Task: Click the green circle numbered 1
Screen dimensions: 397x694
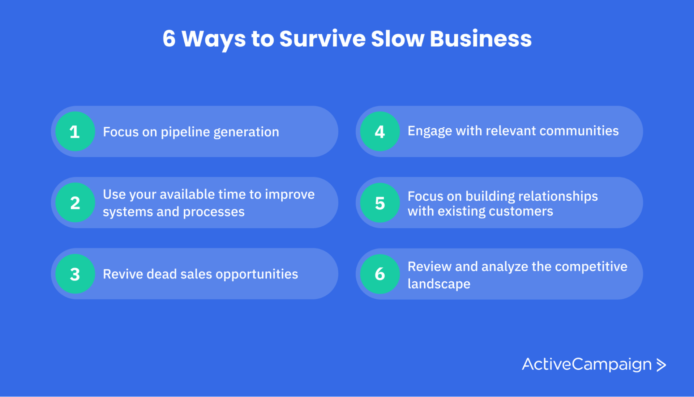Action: [x=75, y=131]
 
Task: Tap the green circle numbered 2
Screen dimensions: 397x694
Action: [x=75, y=202]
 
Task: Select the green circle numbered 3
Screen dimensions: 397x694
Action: [x=75, y=274]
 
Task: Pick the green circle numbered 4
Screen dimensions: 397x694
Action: [x=380, y=131]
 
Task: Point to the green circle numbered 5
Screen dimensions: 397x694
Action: [x=380, y=202]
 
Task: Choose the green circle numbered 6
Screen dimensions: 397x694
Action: [x=380, y=274]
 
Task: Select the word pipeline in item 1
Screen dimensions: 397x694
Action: [x=185, y=132]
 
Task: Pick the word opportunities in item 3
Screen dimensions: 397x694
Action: [x=257, y=274]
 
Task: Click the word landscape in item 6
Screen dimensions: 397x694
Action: [x=439, y=284]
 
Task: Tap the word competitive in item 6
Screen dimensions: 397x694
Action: [x=591, y=267]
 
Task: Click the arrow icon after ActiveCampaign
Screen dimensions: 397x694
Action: [x=661, y=365]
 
